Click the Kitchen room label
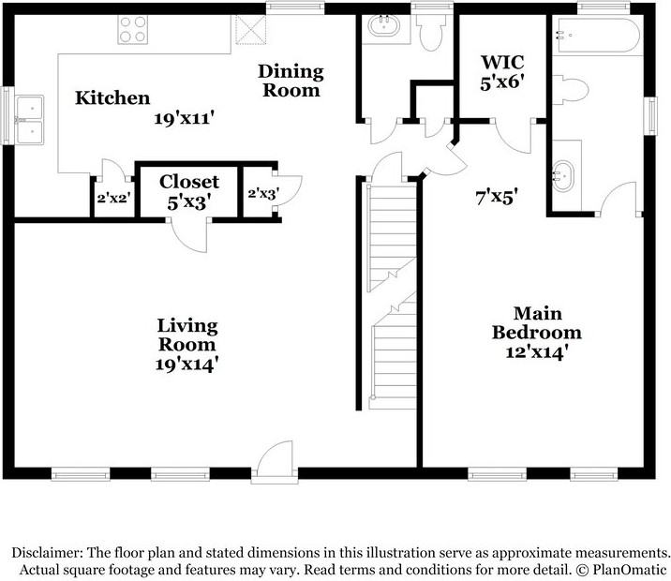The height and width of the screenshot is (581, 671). click(112, 98)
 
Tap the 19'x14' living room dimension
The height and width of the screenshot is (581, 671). click(187, 365)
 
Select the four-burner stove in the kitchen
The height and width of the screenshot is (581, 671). click(133, 30)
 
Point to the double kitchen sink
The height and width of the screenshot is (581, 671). click(30, 120)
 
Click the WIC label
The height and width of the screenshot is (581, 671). click(502, 62)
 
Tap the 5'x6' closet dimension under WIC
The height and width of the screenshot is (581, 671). click(502, 82)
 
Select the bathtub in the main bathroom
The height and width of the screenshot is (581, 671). click(597, 35)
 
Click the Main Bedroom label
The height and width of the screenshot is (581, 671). click(537, 323)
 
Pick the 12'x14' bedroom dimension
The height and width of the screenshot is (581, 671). click(537, 352)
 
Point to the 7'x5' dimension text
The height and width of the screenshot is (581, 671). click(498, 197)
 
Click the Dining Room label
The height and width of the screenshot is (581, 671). click(291, 81)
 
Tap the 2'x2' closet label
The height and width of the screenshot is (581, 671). click(113, 198)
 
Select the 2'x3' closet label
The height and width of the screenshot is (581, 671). click(264, 194)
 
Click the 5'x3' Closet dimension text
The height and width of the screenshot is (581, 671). click(189, 202)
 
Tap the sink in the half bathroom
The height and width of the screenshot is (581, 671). click(383, 26)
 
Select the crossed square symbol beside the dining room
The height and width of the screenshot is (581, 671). click(251, 30)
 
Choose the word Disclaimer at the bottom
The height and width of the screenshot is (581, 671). click(47, 552)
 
